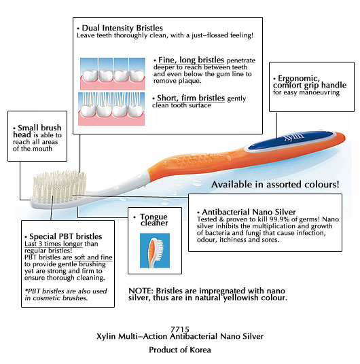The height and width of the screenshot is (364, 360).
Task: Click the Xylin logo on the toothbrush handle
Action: point(294,137)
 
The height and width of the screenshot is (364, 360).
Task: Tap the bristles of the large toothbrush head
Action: point(59,187)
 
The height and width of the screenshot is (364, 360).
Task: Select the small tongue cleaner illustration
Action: point(155,251)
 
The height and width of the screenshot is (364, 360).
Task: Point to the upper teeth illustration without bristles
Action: point(113,74)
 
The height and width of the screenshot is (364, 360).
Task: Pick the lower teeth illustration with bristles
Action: point(111,109)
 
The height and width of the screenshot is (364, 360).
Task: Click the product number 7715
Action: point(180,329)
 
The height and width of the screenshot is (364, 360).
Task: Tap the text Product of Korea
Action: point(180,350)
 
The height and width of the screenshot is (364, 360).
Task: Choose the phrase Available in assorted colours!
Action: point(275,185)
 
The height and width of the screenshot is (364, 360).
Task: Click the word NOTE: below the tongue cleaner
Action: point(141,291)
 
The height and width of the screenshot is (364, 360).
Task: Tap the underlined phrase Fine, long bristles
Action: point(191,60)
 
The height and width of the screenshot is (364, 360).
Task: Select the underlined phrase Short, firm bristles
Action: point(191,98)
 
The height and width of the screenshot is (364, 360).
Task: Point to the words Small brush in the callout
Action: point(39,128)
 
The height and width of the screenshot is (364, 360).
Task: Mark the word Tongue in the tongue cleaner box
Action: point(154,217)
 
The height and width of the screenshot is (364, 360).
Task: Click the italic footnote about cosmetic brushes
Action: point(66,294)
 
